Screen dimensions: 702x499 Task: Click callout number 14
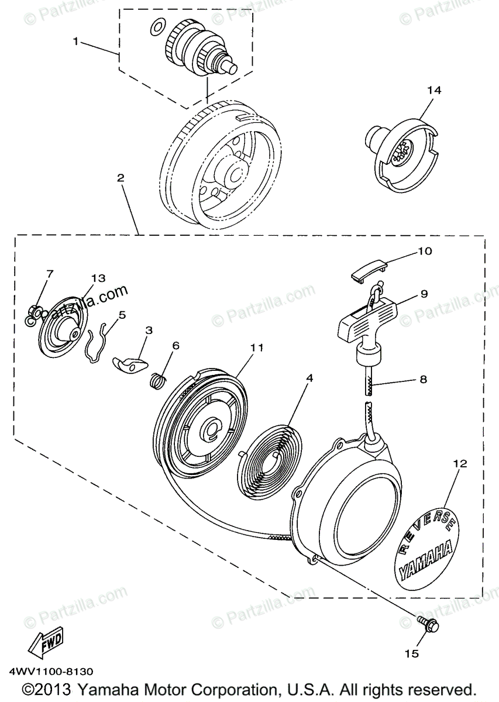pos(433,90)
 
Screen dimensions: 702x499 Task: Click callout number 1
pos(75,41)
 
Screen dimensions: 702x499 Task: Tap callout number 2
pos(121,178)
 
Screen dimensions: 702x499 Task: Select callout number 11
pos(256,347)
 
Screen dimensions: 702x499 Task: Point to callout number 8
pos(422,380)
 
